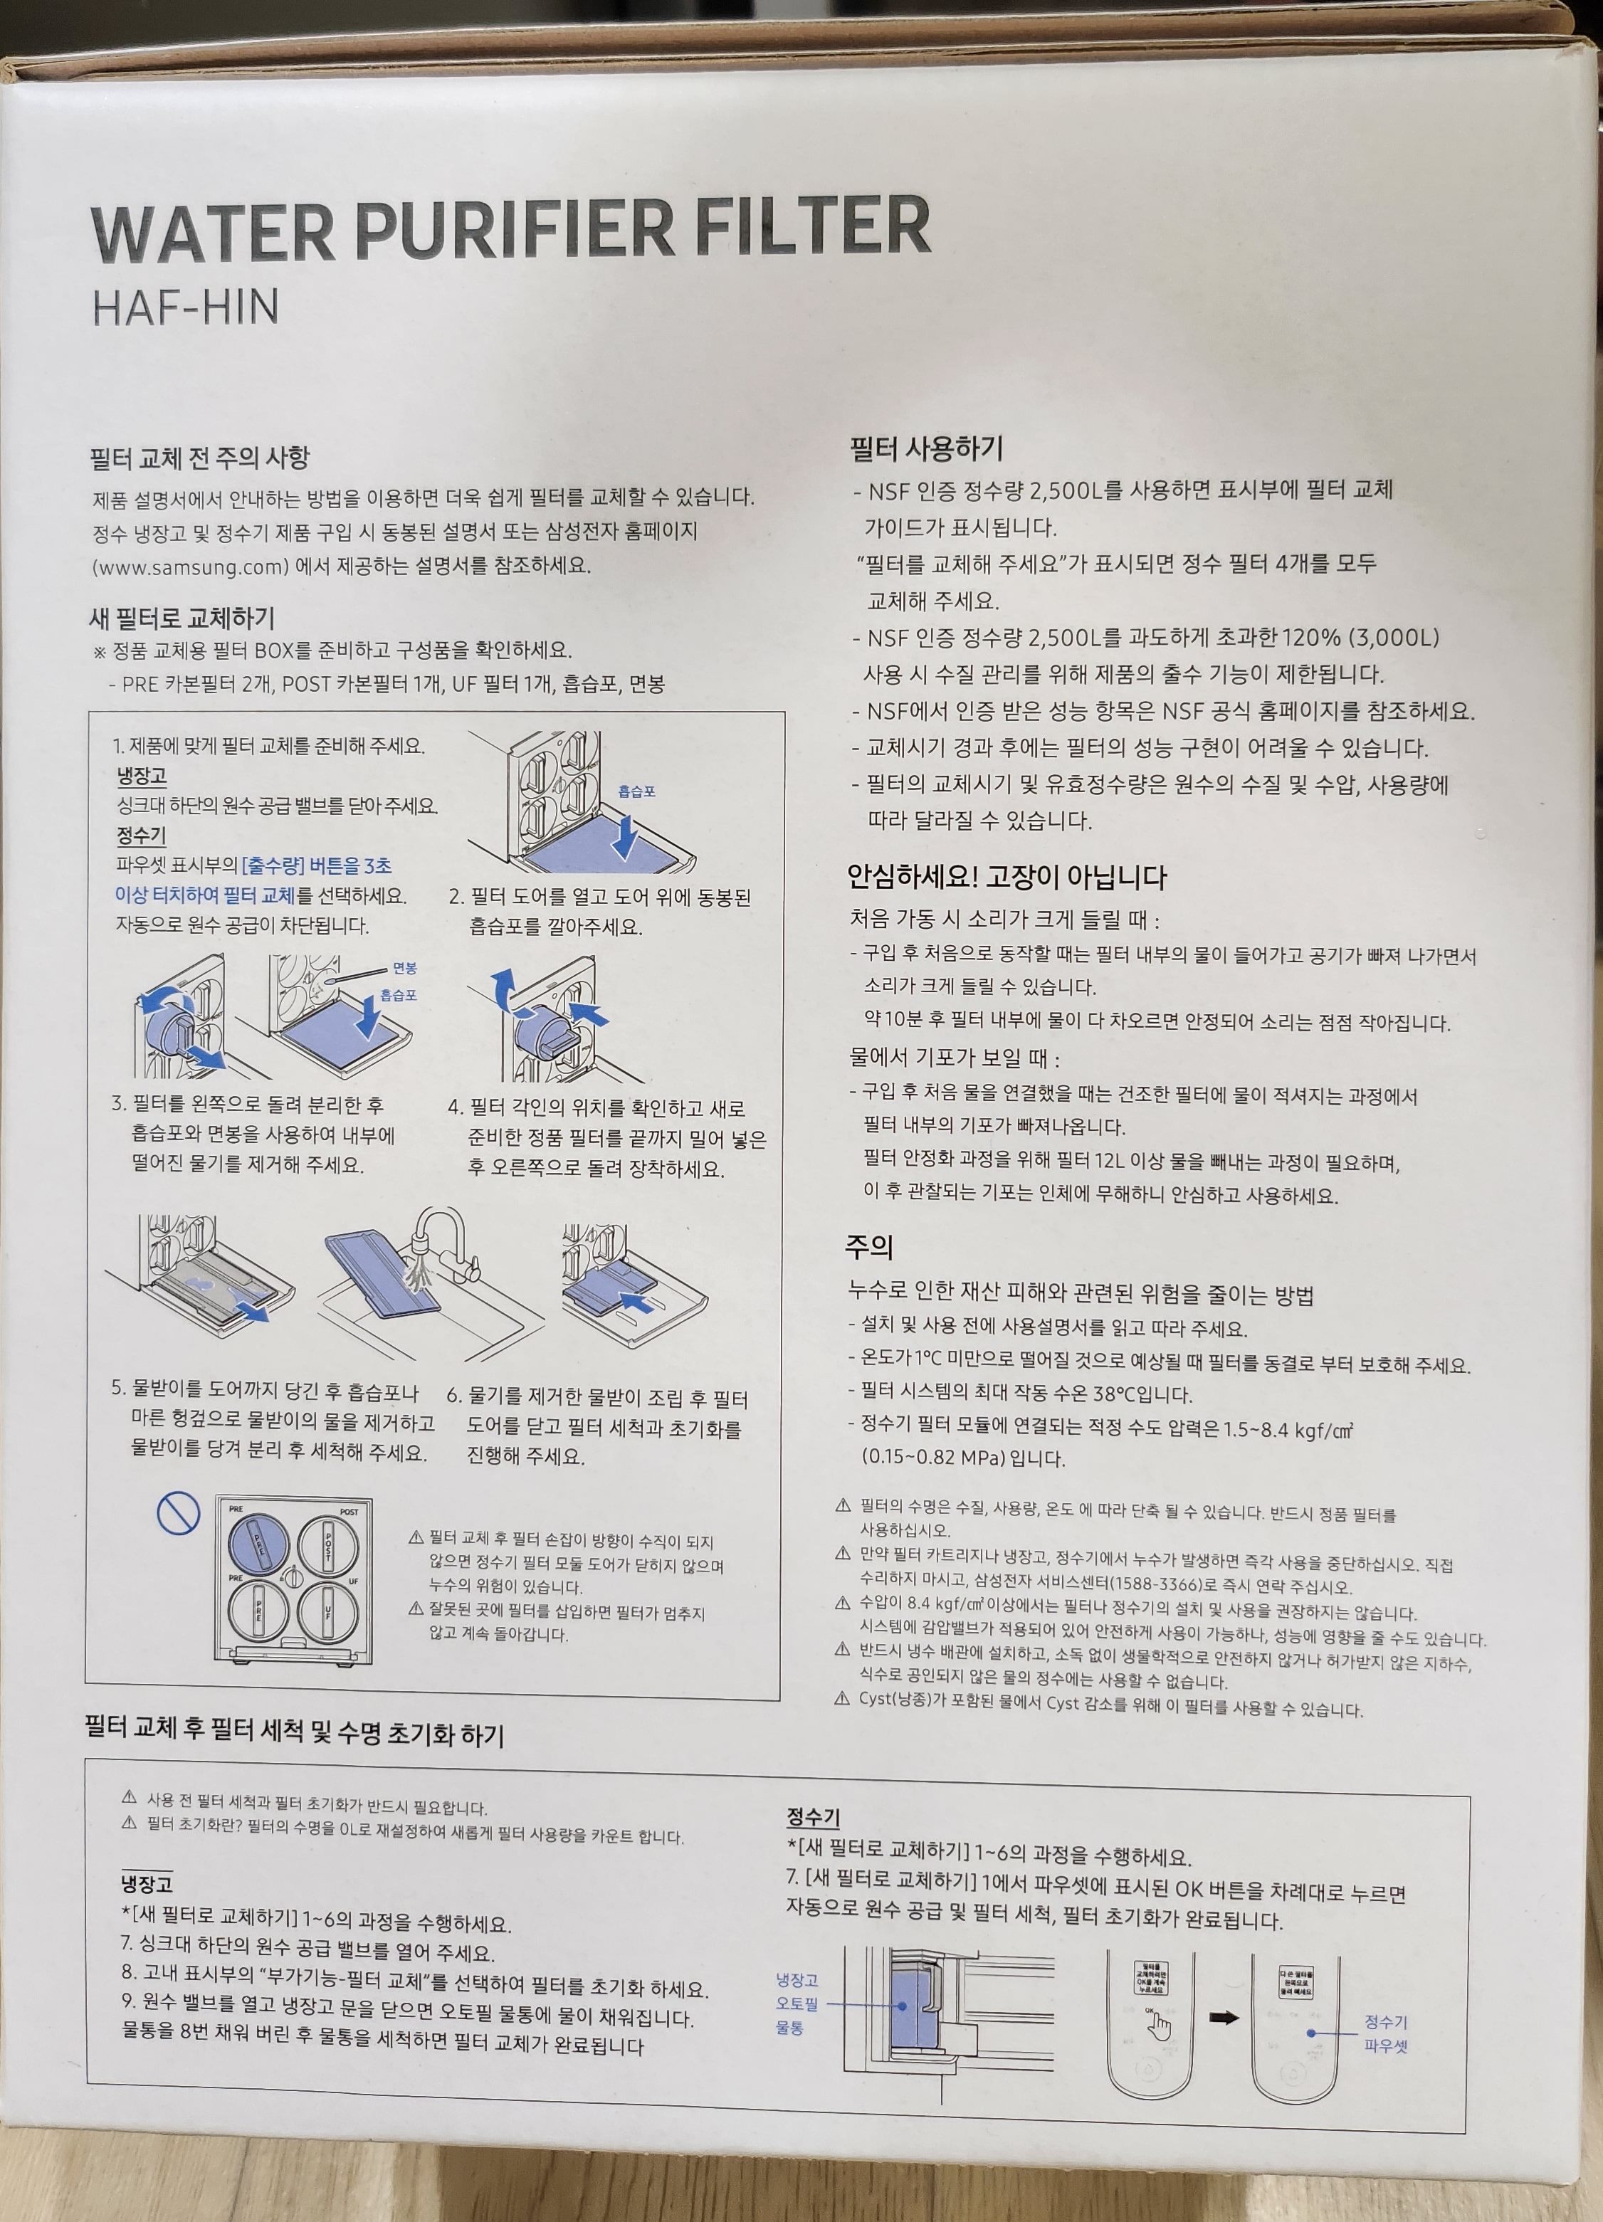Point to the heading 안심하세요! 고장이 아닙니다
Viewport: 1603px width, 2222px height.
pyautogui.click(x=1007, y=877)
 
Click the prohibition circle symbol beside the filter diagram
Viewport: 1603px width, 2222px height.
pyautogui.click(x=179, y=1515)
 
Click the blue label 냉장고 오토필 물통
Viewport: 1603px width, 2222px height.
pyautogui.click(x=797, y=2004)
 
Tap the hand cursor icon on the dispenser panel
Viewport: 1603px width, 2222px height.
pyautogui.click(x=1159, y=2025)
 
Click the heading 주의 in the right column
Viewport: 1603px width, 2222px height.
pyautogui.click(x=868, y=1246)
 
